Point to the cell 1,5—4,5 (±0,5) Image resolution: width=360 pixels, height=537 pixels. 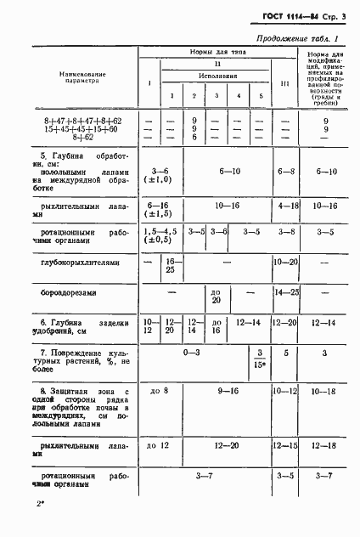[x=160, y=235]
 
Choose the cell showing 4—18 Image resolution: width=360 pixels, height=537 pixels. [x=287, y=205]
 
